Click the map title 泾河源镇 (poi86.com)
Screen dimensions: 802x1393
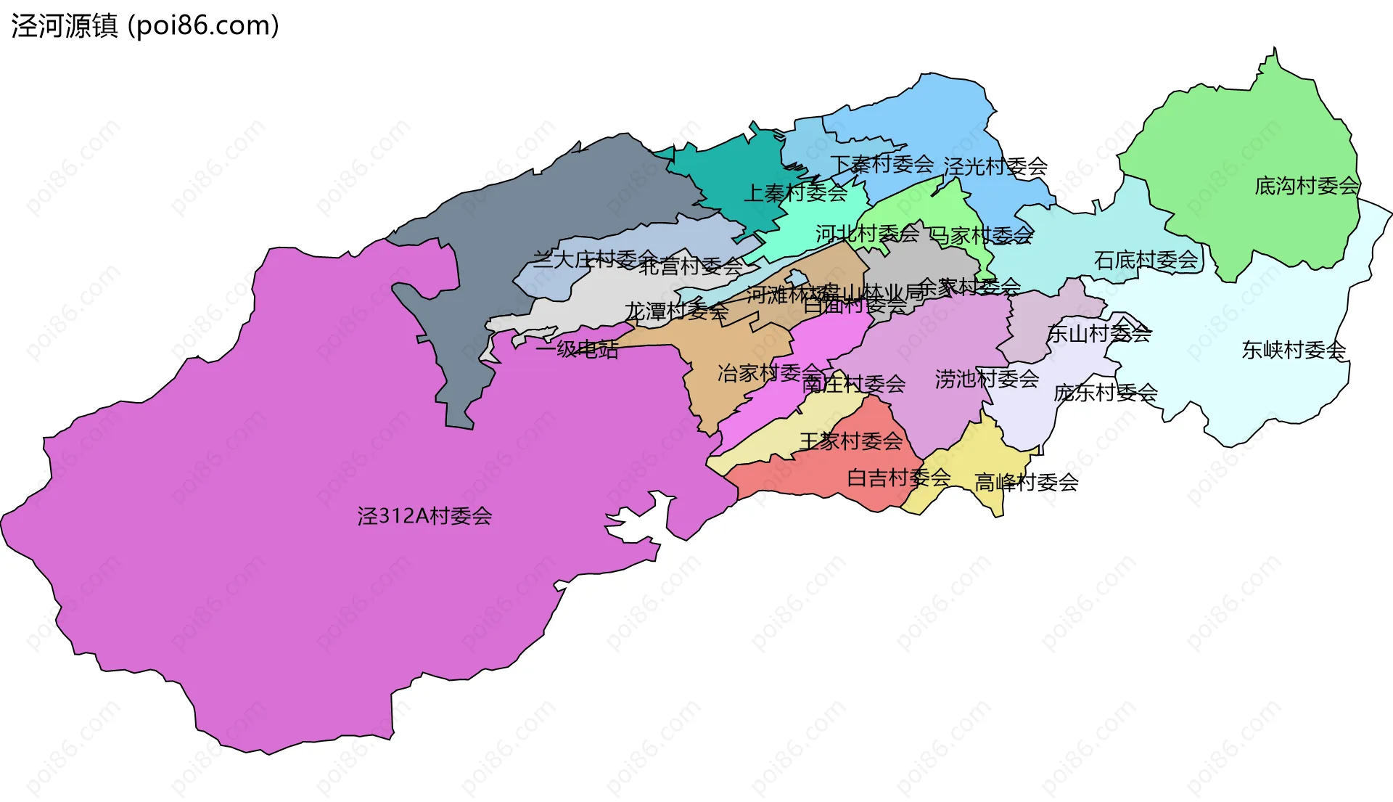click(x=145, y=26)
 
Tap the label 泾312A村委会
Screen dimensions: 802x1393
click(x=424, y=516)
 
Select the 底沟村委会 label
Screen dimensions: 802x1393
click(x=1307, y=187)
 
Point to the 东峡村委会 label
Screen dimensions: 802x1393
click(x=1294, y=351)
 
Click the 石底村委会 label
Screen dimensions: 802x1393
click(x=1146, y=260)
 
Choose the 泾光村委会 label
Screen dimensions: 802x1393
click(x=995, y=167)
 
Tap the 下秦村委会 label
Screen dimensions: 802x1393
click(x=882, y=164)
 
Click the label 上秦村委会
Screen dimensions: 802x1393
click(x=796, y=193)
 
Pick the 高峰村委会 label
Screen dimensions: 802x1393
click(x=1026, y=483)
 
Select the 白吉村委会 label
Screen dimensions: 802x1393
click(x=899, y=478)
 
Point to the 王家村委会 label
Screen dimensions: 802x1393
click(x=851, y=441)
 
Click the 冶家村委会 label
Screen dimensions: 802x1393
click(x=769, y=374)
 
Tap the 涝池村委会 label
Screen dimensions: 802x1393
click(x=987, y=379)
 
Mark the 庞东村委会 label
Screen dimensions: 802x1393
click(x=1105, y=393)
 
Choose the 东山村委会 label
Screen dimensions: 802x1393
click(x=1098, y=334)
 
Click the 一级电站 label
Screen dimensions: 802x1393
click(x=577, y=350)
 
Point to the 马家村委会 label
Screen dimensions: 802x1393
click(x=981, y=236)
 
